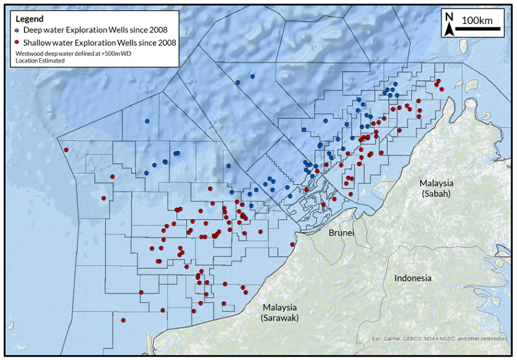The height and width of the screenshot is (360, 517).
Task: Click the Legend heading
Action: tap(29, 19)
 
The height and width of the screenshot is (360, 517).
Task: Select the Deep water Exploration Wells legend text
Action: tap(95, 30)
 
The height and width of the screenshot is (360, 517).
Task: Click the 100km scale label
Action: tap(477, 20)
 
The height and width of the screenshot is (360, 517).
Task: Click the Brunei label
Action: tap(341, 233)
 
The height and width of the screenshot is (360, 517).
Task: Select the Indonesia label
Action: tap(413, 279)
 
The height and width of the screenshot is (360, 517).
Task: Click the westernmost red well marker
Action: tap(66, 151)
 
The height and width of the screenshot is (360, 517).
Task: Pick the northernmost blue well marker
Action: tap(253, 76)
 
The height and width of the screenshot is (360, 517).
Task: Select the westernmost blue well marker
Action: tap(147, 121)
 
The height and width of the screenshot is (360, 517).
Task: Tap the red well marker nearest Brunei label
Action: tap(293, 244)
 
